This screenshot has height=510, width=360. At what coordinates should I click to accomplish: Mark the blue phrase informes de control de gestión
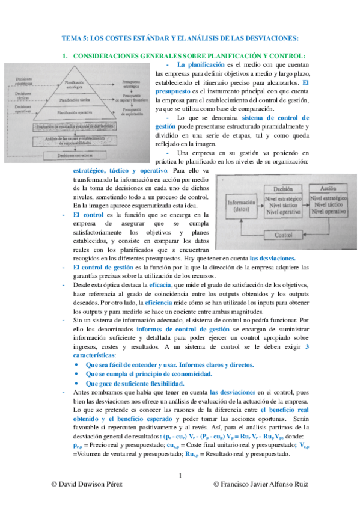183,330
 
